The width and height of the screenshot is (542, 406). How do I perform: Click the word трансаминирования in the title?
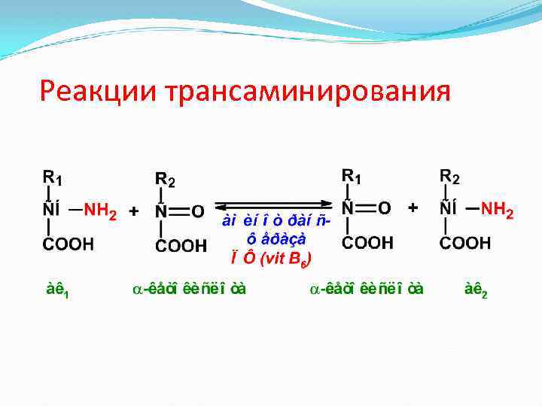[306, 93]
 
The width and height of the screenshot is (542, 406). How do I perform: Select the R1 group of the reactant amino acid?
[52, 178]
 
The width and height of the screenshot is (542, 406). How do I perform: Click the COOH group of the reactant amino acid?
[67, 244]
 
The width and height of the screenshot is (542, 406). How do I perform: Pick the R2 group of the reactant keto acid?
[165, 180]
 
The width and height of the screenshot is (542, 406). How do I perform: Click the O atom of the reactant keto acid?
[197, 211]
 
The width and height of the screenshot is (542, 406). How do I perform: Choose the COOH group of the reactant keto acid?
[181, 245]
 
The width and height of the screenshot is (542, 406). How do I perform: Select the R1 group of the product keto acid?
[352, 176]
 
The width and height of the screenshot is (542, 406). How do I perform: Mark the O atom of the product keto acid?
[385, 207]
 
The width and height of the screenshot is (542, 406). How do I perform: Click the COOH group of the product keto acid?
[368, 243]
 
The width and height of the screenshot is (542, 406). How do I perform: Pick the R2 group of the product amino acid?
[449, 177]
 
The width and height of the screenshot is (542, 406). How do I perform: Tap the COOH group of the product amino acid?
[464, 243]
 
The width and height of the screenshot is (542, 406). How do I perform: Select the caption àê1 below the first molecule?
[58, 290]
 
